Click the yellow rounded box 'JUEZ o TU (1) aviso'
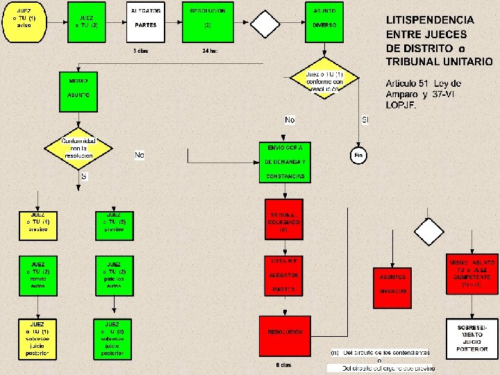(24, 21)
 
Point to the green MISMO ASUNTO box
(78, 90)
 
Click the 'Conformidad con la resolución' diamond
(78, 147)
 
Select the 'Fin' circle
(358, 155)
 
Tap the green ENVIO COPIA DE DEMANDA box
(285, 162)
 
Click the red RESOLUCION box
(284, 333)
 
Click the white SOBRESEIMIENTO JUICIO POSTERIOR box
(472, 339)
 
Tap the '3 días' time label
(141, 51)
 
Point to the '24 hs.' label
(210, 51)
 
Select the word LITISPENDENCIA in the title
(430, 21)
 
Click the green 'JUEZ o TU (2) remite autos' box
(38, 275)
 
